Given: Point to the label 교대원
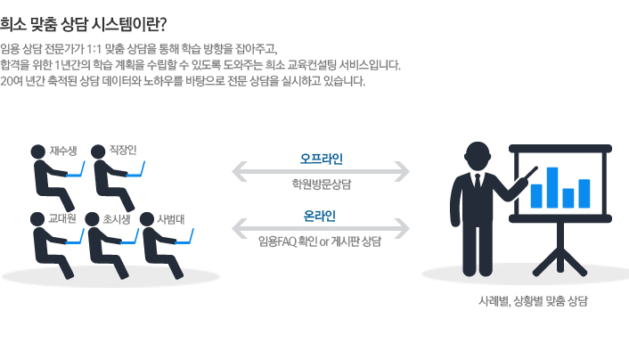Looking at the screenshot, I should click(x=61, y=218).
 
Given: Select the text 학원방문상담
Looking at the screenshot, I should click(x=321, y=184).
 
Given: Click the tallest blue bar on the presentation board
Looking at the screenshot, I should click(x=551, y=187).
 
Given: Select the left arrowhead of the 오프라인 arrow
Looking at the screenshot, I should click(x=239, y=170).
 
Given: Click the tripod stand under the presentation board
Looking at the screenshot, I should click(x=561, y=241).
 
